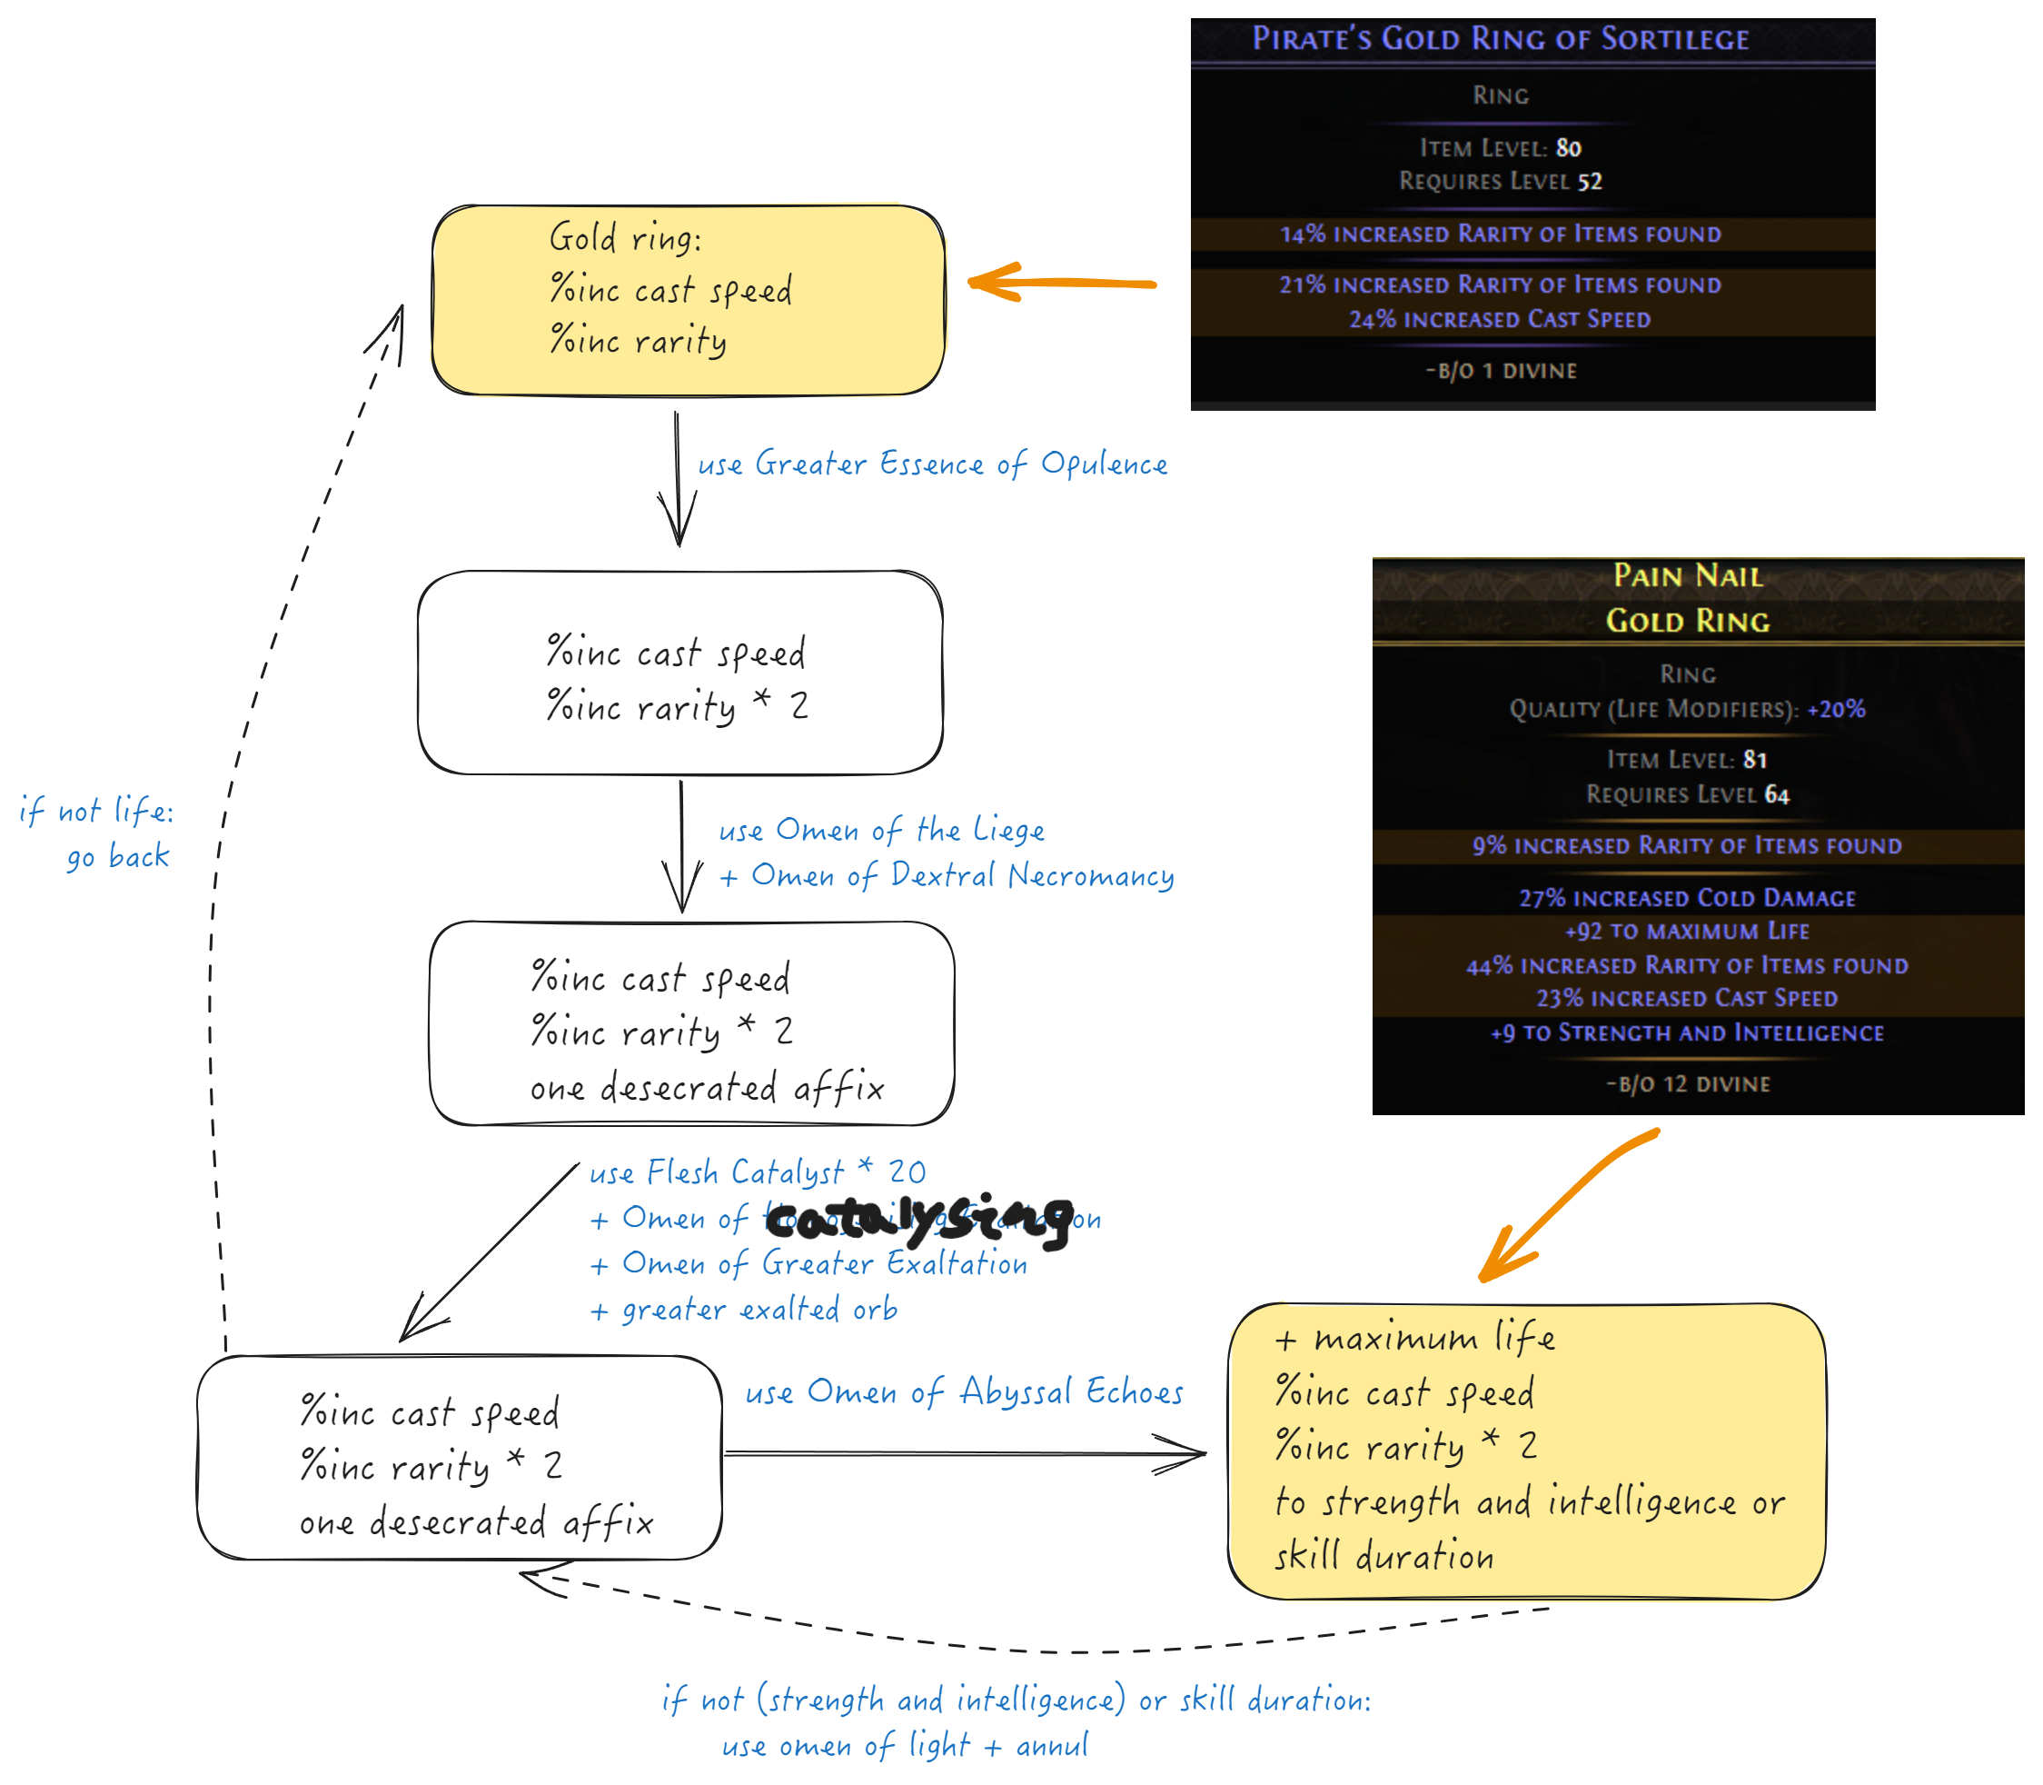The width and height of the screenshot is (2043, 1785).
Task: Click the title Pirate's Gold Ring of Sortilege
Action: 1500,39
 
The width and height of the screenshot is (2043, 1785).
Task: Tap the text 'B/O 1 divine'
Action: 1502,371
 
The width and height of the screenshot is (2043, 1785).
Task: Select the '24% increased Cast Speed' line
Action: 1500,319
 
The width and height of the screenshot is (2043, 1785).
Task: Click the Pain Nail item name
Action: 1688,575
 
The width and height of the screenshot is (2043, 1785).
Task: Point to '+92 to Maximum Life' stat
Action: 1687,931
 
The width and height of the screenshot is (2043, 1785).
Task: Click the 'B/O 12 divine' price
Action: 1689,1083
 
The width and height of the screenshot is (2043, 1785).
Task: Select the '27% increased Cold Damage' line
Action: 1687,897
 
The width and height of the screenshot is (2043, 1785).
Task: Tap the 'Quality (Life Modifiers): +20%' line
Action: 1687,709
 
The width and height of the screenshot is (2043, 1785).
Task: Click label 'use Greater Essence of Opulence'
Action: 932,464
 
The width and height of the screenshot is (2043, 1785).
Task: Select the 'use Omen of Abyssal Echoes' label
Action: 964,1391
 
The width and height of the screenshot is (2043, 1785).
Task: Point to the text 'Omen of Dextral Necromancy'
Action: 962,875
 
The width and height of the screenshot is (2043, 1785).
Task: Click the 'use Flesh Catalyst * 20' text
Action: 757,1172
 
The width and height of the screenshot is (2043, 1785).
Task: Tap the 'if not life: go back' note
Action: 100,833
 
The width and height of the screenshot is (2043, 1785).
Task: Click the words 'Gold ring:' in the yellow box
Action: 625,238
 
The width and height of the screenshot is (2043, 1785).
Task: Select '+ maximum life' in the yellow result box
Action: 1413,1338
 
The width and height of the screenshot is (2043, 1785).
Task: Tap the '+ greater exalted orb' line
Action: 744,1309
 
